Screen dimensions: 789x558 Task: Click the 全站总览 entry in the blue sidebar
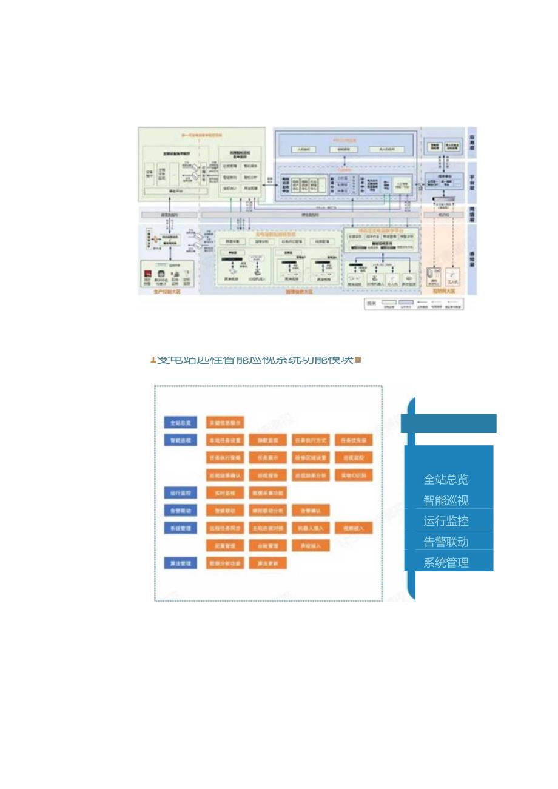tap(446, 480)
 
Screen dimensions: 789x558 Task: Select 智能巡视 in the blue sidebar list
tap(446, 500)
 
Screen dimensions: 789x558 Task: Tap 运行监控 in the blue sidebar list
tap(446, 521)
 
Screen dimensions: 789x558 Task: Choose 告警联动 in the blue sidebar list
tap(446, 542)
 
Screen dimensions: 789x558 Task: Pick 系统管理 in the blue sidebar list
tap(446, 562)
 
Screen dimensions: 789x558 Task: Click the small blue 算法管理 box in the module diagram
tap(180, 563)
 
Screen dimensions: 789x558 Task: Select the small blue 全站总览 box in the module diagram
tap(180, 423)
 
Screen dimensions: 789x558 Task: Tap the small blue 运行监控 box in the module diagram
tap(180, 493)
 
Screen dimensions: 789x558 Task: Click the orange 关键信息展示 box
tap(225, 423)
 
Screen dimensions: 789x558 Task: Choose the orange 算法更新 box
tap(267, 563)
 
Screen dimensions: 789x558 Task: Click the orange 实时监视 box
tap(225, 493)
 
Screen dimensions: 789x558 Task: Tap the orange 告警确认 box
tap(311, 511)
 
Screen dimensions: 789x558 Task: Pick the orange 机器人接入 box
tap(311, 528)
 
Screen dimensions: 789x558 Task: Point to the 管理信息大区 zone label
tap(298, 292)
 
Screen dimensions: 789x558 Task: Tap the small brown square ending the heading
tap(358, 360)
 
